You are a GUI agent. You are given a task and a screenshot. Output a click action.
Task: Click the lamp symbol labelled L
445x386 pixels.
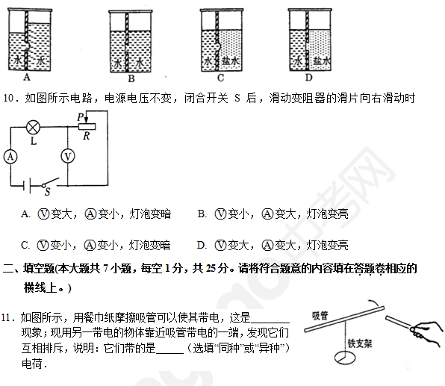pos(33,128)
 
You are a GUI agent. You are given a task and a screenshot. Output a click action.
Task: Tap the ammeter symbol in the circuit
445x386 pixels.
pos(10,157)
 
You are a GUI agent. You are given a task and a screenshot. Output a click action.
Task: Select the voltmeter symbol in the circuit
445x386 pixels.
pos(68,156)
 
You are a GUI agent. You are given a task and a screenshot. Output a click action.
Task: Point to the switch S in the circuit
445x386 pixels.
pos(50,183)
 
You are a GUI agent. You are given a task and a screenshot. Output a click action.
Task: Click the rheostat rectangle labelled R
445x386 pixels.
pos(87,127)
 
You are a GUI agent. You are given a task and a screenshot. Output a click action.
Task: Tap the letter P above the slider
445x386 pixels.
pos(81,116)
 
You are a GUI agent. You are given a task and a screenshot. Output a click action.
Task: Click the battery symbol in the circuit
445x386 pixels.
pos(27,186)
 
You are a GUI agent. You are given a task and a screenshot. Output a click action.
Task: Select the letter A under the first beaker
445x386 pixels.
pos(27,77)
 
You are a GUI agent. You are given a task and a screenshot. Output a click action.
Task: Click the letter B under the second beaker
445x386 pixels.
pos(131,78)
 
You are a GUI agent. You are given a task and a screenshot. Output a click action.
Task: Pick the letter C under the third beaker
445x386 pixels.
pos(220,78)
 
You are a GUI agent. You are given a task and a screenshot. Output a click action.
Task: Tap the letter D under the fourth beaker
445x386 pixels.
pos(308,77)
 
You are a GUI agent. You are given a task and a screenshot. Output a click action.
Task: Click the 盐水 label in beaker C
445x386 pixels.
pos(231,60)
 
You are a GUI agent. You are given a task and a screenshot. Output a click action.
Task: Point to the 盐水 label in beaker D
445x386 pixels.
pos(322,61)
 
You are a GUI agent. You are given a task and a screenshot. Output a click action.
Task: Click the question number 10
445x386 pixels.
pos(8,98)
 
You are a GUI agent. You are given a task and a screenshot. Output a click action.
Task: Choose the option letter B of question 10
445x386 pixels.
pos(202,214)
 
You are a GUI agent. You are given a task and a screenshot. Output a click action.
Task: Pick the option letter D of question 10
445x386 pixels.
pos(201,245)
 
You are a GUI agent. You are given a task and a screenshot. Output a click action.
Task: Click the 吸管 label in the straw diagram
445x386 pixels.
pos(320,315)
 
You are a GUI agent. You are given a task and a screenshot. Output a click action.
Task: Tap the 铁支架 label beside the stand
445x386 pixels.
pos(360,343)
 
